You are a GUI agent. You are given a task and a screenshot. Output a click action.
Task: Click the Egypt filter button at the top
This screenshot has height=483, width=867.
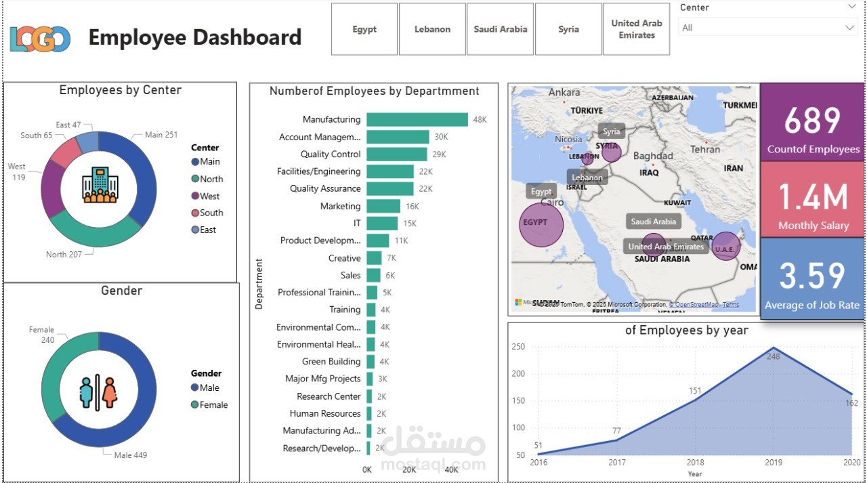tap(364, 29)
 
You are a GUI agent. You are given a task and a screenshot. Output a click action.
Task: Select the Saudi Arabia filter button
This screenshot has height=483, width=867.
tap(500, 29)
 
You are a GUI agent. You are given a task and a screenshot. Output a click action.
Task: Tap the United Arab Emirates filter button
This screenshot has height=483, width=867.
tap(636, 29)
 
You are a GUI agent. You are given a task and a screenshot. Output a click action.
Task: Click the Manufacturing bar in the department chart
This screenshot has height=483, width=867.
tap(417, 119)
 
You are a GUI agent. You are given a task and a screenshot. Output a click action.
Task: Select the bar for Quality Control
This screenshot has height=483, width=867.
tap(397, 154)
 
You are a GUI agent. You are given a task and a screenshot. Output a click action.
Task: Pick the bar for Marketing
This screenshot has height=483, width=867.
tap(383, 206)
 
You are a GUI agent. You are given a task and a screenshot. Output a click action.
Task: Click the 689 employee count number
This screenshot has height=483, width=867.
tap(811, 121)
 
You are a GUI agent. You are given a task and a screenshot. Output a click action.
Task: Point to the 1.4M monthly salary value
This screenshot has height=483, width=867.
tap(812, 198)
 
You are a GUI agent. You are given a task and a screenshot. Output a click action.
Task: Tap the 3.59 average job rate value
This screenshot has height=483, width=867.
tap(812, 276)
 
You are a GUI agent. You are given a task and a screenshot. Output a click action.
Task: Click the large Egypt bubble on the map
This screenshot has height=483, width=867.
tap(541, 224)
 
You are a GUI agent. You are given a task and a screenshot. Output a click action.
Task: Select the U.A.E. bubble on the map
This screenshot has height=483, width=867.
tap(725, 247)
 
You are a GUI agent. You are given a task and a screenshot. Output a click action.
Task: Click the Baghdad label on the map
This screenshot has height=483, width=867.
tap(653, 156)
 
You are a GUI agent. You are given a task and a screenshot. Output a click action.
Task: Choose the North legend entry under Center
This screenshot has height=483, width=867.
tap(211, 179)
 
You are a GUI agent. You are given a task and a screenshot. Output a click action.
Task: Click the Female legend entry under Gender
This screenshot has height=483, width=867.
tap(213, 405)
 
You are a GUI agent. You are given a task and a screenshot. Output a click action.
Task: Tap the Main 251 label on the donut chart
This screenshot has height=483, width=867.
tap(161, 135)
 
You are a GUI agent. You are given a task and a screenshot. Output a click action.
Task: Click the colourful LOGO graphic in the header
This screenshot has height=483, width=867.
tap(40, 39)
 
